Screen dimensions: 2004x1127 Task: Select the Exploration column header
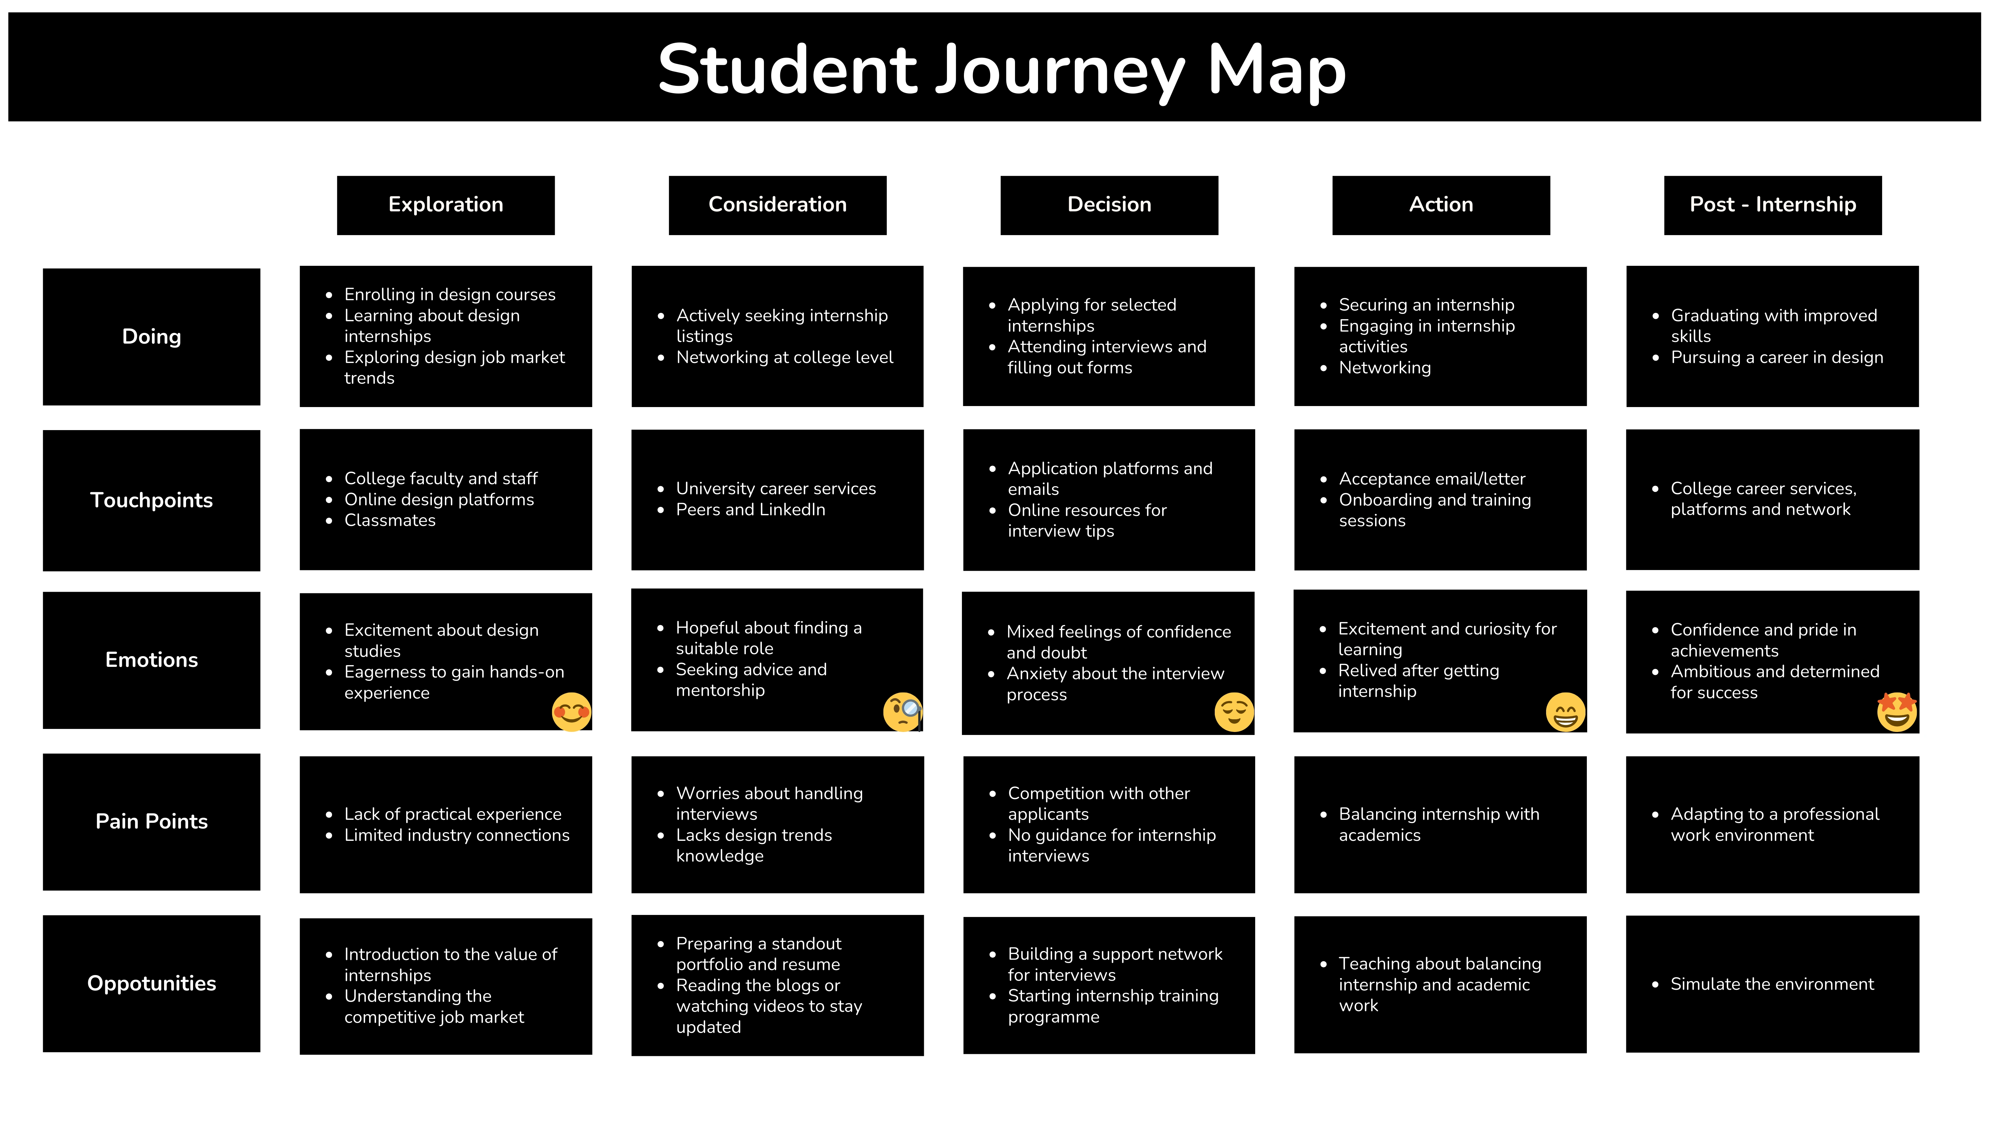[x=446, y=205]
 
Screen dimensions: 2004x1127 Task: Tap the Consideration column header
[x=777, y=205]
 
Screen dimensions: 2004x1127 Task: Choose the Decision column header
[x=1109, y=205]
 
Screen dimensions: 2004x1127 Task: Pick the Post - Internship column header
[x=1773, y=205]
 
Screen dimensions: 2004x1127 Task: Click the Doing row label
[x=152, y=337]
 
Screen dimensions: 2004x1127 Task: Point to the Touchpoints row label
[x=152, y=500]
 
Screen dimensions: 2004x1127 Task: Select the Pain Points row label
[x=152, y=821]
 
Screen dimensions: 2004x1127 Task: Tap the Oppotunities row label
[x=152, y=983]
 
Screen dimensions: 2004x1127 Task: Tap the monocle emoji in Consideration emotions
[x=903, y=712]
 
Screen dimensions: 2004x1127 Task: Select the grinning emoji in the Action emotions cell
[x=1565, y=712]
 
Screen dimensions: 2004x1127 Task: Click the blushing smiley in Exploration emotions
[x=572, y=712]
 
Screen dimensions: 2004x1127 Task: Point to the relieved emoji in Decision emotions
[x=1234, y=712]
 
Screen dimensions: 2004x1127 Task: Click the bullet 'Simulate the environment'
[x=1772, y=984]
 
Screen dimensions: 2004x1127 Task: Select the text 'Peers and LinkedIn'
[x=751, y=510]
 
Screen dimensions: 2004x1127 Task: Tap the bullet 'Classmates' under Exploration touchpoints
[x=390, y=520]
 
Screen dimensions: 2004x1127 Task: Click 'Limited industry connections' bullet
[x=457, y=834]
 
